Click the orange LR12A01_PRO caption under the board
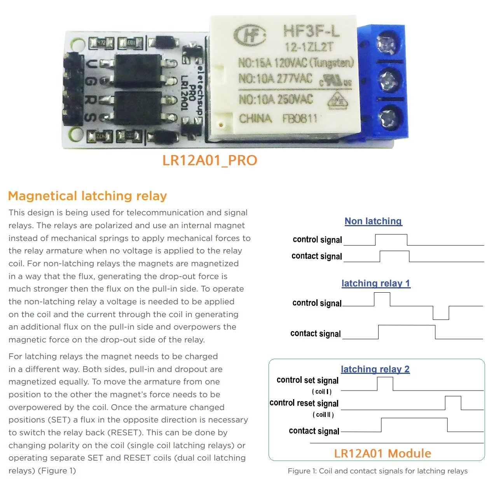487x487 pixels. coord(209,160)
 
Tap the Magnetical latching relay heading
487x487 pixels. coord(87,195)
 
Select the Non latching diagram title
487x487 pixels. coord(373,221)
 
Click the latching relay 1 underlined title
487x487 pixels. coord(375,283)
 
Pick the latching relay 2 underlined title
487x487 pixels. coord(375,369)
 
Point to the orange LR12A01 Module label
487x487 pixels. coord(382,453)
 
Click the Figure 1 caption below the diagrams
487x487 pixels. coord(377,471)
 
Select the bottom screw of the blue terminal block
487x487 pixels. coord(387,117)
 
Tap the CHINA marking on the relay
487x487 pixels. coord(255,118)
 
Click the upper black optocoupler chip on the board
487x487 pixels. coord(138,70)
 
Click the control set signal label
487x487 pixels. coord(307,380)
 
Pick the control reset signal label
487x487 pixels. coord(304,403)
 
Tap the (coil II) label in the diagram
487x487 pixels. coord(323,415)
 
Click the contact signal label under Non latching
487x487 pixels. coord(317,256)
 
